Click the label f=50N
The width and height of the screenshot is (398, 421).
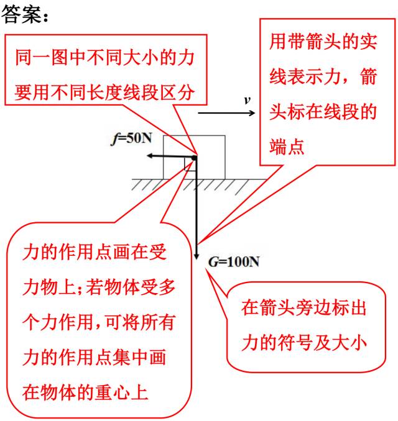(131, 138)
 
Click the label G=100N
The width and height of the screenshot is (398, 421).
(234, 262)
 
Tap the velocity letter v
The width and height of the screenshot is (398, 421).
(247, 101)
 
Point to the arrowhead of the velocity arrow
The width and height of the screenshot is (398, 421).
(252, 113)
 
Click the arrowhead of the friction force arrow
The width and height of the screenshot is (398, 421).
(149, 156)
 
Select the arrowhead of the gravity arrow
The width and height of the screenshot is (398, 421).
(197, 256)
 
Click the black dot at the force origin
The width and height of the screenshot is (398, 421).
(194, 158)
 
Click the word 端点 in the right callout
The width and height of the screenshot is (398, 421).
(287, 147)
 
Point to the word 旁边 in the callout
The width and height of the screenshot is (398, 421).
(313, 308)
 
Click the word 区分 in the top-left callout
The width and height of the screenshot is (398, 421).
(177, 93)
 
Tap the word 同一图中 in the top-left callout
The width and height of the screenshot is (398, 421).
(51, 58)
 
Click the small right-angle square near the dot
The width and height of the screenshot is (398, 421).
(190, 165)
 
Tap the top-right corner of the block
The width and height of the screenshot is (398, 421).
(225, 135)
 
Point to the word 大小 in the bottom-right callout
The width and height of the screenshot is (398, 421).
(349, 343)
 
